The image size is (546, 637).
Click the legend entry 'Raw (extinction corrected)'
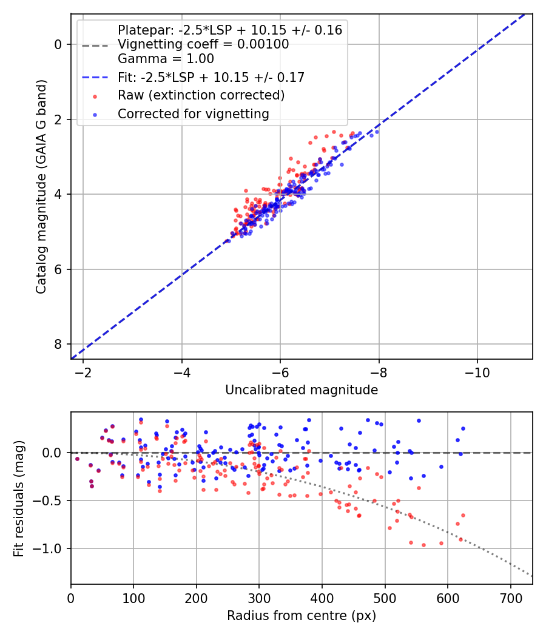201,95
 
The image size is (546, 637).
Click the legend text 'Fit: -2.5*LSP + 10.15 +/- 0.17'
211,77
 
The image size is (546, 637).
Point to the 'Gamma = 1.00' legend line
166,59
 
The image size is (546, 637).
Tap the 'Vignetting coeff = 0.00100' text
203,44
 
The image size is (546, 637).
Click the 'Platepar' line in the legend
229,30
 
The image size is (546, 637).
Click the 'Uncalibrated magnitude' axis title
302,390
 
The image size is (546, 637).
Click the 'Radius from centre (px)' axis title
302,616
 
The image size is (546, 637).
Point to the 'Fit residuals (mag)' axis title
19,499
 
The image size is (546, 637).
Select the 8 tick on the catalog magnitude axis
58,344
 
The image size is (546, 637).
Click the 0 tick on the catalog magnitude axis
58,44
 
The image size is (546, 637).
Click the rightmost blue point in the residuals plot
463,428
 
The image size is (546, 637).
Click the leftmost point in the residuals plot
77,459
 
